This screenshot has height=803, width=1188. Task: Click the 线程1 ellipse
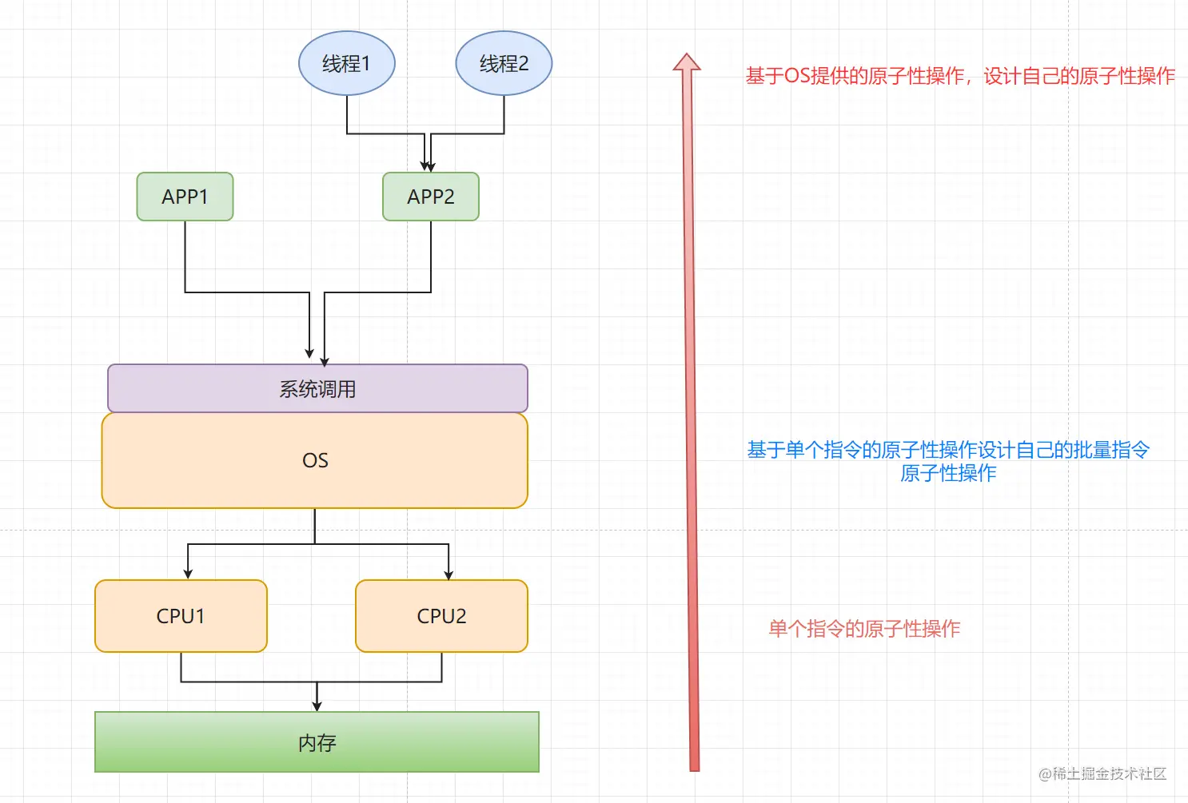click(x=346, y=63)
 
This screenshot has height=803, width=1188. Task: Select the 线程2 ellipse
click(x=504, y=63)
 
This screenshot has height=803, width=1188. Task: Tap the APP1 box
click(x=185, y=197)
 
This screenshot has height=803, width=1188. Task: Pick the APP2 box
click(x=430, y=197)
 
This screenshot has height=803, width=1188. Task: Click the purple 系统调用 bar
click(x=317, y=389)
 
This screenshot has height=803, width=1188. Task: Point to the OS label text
click(x=315, y=461)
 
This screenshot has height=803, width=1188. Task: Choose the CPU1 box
click(x=181, y=616)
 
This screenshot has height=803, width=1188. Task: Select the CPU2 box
click(x=441, y=616)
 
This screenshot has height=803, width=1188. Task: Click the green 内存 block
click(x=317, y=742)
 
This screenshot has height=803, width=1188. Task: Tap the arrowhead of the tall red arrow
click(x=687, y=62)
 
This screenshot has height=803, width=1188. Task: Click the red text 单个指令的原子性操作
click(x=864, y=629)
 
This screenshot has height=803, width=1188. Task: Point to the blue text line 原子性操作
click(x=948, y=473)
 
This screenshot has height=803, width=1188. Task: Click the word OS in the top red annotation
click(x=797, y=76)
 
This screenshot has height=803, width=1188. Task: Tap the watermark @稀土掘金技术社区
click(x=1102, y=773)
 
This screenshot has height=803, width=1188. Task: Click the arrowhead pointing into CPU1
click(x=188, y=574)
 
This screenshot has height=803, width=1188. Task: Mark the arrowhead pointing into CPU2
click(x=448, y=574)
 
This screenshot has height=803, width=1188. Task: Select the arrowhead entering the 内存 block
click(x=317, y=706)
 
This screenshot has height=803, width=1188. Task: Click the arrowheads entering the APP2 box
click(x=429, y=166)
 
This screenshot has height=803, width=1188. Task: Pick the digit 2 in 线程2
click(x=523, y=64)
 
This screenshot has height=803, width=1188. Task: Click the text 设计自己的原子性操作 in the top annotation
click(x=1079, y=76)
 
